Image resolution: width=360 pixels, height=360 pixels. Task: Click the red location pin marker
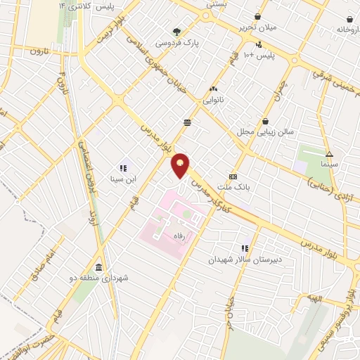click(181, 165)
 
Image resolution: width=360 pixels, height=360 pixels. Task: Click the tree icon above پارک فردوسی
click(177, 31)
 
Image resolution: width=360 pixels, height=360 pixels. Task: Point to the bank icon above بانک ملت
click(233, 176)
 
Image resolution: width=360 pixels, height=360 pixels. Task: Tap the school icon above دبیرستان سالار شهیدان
click(245, 248)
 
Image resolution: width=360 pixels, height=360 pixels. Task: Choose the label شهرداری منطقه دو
click(102, 279)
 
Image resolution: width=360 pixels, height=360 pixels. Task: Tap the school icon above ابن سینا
click(122, 168)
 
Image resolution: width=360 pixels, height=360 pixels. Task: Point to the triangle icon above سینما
click(329, 154)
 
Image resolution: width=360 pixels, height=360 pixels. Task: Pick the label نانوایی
click(212, 101)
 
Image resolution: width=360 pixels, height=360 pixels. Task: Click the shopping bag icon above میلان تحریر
click(258, 16)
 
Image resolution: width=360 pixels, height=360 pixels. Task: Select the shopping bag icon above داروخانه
click(349, 18)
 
